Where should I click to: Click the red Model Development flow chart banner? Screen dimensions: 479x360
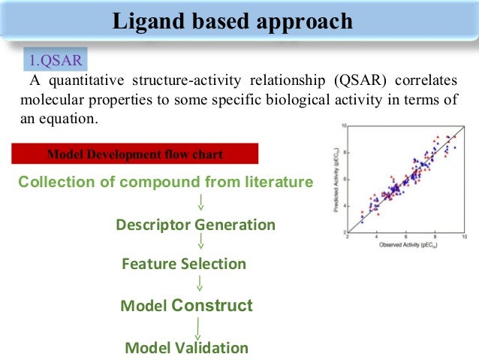135,155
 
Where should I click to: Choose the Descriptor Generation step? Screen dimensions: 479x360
195,225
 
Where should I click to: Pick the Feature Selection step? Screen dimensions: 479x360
183,264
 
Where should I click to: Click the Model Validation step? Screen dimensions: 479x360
186,348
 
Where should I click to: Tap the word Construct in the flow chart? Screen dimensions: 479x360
212,306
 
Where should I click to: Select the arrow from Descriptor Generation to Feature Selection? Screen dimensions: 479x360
200,242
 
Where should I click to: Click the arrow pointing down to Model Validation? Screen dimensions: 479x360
197,327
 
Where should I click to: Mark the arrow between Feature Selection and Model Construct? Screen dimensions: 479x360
200,283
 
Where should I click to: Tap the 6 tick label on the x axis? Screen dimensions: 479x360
405,237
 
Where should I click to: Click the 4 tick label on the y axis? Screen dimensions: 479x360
343,205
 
